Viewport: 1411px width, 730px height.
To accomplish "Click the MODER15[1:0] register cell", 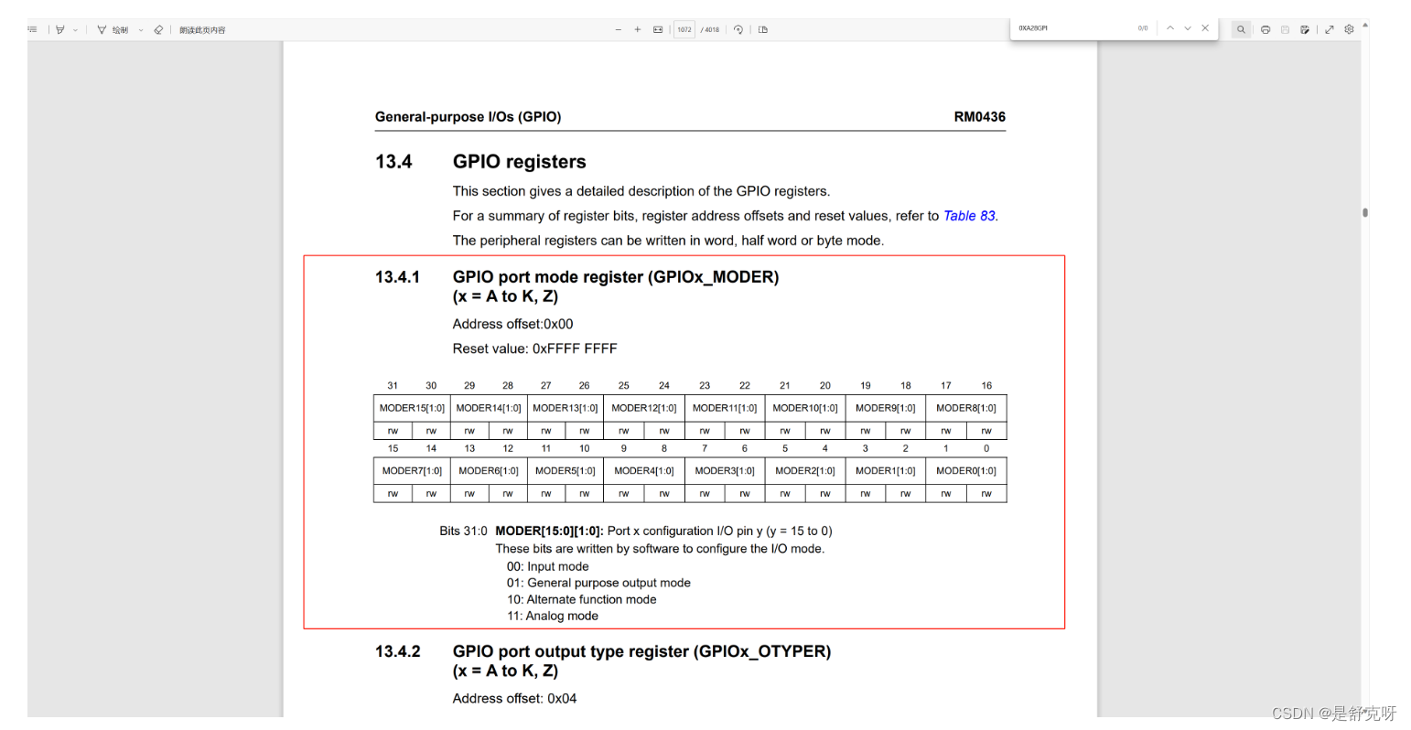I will (x=412, y=408).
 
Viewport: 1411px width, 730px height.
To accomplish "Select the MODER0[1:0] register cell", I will (x=965, y=471).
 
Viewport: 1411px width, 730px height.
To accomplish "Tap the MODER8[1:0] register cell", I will (x=965, y=408).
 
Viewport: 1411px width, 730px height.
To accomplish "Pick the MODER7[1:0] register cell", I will (x=412, y=471).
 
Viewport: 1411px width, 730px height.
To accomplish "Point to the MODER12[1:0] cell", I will (x=643, y=408).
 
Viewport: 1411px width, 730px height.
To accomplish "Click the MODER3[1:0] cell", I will (x=724, y=471).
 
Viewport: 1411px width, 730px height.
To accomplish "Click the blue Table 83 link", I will (x=969, y=216).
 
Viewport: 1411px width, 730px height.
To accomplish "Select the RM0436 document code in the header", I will (x=979, y=117).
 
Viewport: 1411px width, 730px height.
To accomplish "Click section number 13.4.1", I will (x=397, y=277).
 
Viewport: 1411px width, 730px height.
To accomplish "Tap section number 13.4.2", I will (x=397, y=651).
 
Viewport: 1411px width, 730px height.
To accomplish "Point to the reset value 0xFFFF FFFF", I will (x=575, y=349).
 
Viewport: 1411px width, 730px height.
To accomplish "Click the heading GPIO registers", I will (x=519, y=162).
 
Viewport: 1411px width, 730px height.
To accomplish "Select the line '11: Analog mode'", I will (x=552, y=617).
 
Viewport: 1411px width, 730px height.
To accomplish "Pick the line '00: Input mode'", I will (x=547, y=567).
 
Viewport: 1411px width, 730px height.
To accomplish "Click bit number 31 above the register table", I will (x=393, y=386).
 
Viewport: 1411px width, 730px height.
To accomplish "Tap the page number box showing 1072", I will (x=684, y=29).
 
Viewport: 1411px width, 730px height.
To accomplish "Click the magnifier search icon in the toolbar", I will (x=1241, y=29).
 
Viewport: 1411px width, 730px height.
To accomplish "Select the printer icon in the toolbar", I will (x=1266, y=29).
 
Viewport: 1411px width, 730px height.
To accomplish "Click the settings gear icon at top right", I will (x=1349, y=29).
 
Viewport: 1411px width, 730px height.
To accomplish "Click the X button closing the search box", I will (x=1205, y=28).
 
